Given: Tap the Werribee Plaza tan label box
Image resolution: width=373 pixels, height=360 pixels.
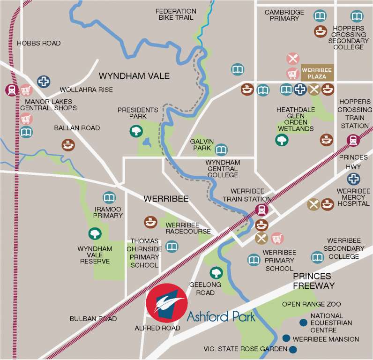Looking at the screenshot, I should point(317,72).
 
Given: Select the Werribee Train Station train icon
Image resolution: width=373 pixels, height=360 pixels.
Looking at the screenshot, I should point(261,210).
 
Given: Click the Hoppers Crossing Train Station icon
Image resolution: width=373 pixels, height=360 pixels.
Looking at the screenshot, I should point(352,140).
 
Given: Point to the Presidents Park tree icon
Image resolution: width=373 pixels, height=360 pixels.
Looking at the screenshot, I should point(136,131).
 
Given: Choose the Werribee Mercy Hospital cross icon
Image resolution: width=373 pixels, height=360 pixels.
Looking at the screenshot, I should point(354,179).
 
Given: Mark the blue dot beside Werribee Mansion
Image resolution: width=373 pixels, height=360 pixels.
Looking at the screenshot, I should point(286,338).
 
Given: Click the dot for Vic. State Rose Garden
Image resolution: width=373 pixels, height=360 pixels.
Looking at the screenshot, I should point(293,349).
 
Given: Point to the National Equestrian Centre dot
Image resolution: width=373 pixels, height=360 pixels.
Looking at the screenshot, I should point(304,322).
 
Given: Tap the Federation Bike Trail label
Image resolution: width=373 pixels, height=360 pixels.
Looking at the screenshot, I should point(176,15).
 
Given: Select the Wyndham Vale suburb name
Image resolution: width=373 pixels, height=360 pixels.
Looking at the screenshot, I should point(134,76).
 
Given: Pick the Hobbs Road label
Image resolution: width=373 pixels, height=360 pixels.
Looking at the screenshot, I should point(39,43).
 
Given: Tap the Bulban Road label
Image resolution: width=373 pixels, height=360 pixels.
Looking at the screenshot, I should point(93,319).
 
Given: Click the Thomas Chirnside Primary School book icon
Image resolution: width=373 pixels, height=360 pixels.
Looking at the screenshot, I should point(172,246).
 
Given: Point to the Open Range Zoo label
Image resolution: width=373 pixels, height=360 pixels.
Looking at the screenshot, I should point(311,304).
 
